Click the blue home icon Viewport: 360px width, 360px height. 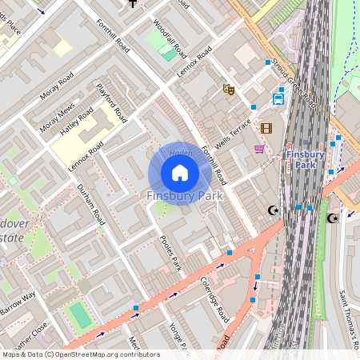tap(180, 172)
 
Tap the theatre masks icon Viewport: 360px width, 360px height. tap(228, 90)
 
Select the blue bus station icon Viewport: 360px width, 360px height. tap(278, 99)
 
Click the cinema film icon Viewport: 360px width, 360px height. tap(266, 127)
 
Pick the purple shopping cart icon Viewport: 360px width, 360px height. tap(259, 148)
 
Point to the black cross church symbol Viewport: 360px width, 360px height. tap(133, 3)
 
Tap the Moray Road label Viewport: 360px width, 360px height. tap(56, 86)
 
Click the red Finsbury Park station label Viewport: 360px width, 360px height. tap(305, 159)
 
